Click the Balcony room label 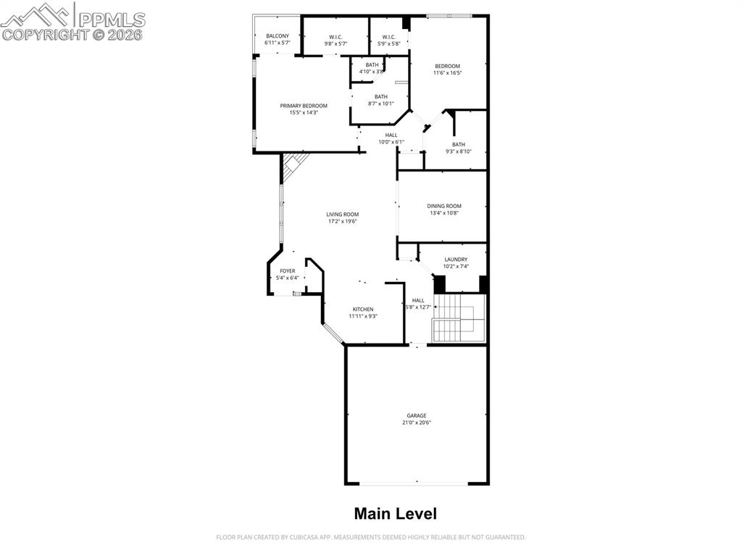[278, 39]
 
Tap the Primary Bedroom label [304, 109]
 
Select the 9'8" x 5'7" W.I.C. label [335, 41]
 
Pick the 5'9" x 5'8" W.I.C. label [389, 41]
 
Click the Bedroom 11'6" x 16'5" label [447, 69]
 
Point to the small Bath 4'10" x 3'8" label [372, 68]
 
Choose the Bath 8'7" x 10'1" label [380, 100]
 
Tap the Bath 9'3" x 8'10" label [459, 148]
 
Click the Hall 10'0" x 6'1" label [391, 138]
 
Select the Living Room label [342, 217]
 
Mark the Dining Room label [444, 209]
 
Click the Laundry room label [456, 262]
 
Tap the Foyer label [288, 274]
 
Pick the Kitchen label [363, 312]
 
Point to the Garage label [416, 419]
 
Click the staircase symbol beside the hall [458, 318]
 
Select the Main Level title [395, 514]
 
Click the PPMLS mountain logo [36, 14]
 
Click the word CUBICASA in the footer [297, 537]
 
